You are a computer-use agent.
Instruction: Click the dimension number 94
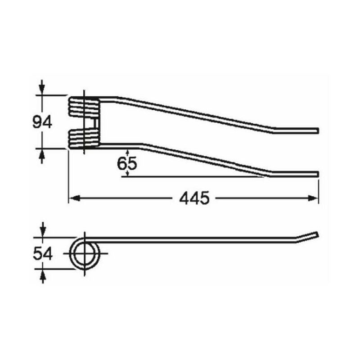(x=42, y=122)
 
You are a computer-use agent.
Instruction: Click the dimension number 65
(x=127, y=163)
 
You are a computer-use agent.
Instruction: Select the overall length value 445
(x=194, y=198)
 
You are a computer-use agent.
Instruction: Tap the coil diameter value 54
(x=43, y=254)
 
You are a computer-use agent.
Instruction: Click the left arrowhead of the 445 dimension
(x=75, y=198)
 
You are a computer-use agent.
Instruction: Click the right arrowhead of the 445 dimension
(x=313, y=198)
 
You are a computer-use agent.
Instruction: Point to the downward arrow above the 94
(x=42, y=87)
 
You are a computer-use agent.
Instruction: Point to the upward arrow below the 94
(x=42, y=156)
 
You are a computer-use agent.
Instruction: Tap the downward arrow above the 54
(x=43, y=229)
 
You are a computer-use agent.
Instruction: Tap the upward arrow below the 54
(x=43, y=276)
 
